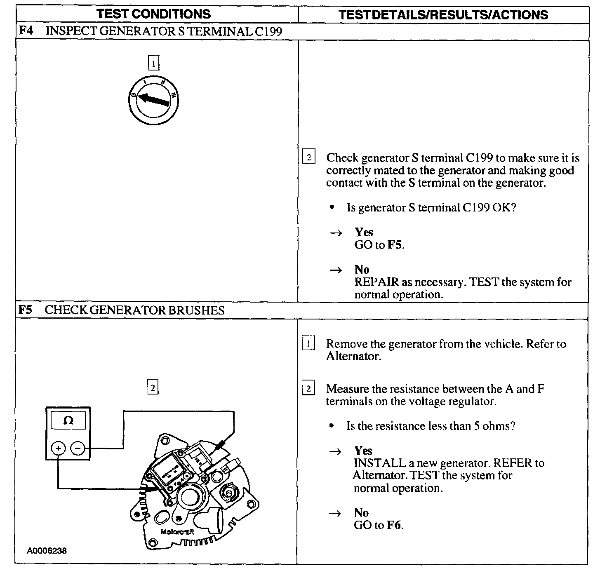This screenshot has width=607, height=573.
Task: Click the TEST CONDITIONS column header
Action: [153, 14]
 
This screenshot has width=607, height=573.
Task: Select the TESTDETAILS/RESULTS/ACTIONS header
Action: [443, 15]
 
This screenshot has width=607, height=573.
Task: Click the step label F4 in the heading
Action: [26, 31]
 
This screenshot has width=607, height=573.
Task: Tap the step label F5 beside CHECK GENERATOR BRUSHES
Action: [26, 310]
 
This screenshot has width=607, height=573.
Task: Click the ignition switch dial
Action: [153, 100]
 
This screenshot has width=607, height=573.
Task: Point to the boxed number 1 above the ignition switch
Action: [153, 63]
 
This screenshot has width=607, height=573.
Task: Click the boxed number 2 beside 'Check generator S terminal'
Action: [309, 157]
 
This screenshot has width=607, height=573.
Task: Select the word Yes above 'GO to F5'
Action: [364, 232]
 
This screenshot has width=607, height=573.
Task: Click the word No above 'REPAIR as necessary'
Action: [362, 270]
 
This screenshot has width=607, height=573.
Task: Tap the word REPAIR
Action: [376, 282]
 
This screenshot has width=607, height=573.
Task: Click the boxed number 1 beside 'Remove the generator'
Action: [308, 343]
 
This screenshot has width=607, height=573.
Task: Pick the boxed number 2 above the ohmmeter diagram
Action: [153, 387]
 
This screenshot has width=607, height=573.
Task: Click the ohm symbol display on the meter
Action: [68, 421]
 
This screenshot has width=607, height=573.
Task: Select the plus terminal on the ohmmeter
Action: [58, 448]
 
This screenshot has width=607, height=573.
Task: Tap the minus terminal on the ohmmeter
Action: [78, 448]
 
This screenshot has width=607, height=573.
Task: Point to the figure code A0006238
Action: [47, 551]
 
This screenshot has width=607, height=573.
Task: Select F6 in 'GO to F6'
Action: [394, 525]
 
